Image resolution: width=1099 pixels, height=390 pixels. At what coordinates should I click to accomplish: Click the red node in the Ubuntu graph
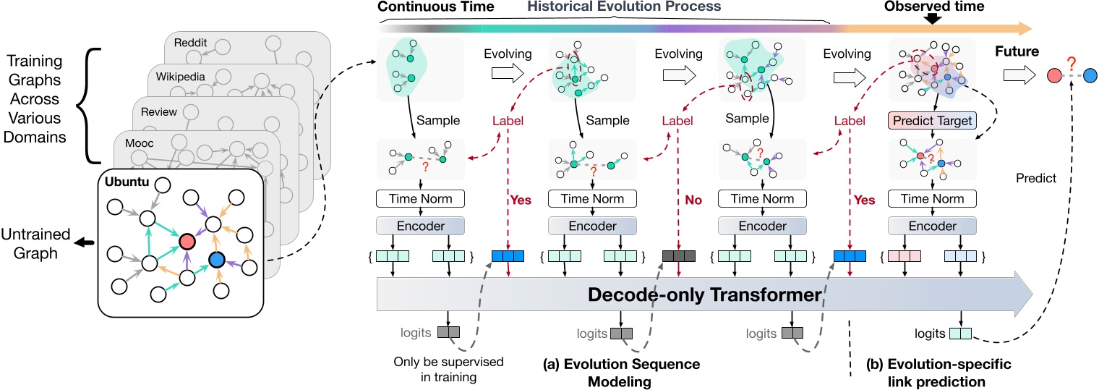[185, 240]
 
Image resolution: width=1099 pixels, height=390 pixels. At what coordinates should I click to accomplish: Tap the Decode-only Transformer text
[704, 295]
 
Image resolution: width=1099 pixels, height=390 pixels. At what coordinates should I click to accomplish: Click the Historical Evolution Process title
[624, 7]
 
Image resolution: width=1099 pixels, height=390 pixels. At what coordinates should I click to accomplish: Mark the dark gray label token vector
[679, 255]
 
